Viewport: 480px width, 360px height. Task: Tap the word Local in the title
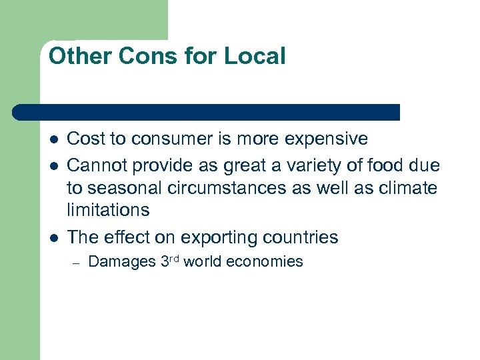(255, 56)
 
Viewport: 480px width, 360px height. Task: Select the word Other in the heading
(81, 56)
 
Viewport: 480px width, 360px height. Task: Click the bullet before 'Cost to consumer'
(53, 139)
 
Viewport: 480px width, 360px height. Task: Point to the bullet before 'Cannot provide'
(53, 164)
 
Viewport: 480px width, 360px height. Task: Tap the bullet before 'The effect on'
(53, 238)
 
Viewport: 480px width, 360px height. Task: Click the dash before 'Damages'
(77, 263)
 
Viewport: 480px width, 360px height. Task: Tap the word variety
(324, 164)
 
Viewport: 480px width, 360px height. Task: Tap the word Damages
(121, 262)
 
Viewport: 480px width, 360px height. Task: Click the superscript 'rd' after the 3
(173, 259)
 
